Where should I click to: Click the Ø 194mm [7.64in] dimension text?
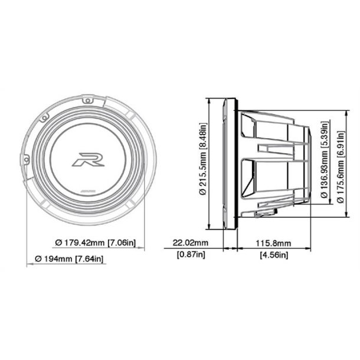68,258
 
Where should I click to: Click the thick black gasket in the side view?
236,165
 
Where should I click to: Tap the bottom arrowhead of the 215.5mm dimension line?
210,228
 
